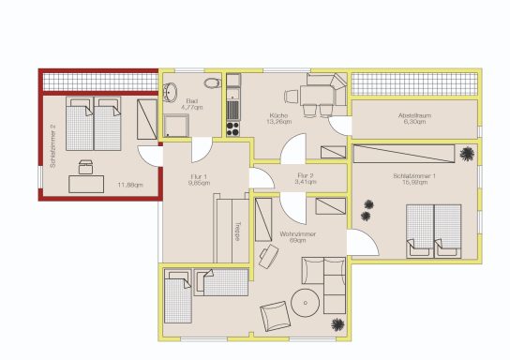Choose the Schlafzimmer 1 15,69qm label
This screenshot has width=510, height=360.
(414, 178)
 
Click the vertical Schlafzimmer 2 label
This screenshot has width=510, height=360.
(53, 147)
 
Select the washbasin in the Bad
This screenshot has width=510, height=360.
(171, 92)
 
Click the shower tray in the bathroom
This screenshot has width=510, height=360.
(176, 126)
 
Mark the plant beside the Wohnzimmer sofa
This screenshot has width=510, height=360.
(335, 324)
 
